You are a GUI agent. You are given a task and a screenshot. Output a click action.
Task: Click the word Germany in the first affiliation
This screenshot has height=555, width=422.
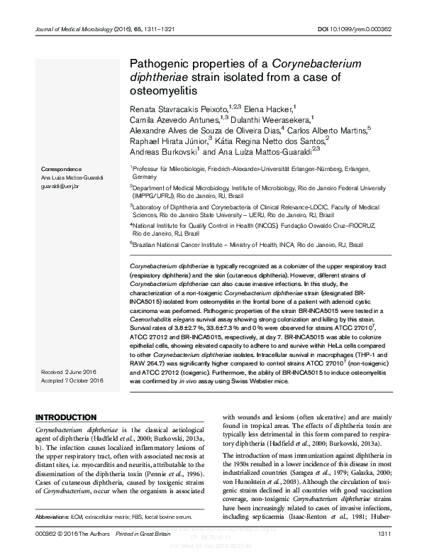(144, 176)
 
